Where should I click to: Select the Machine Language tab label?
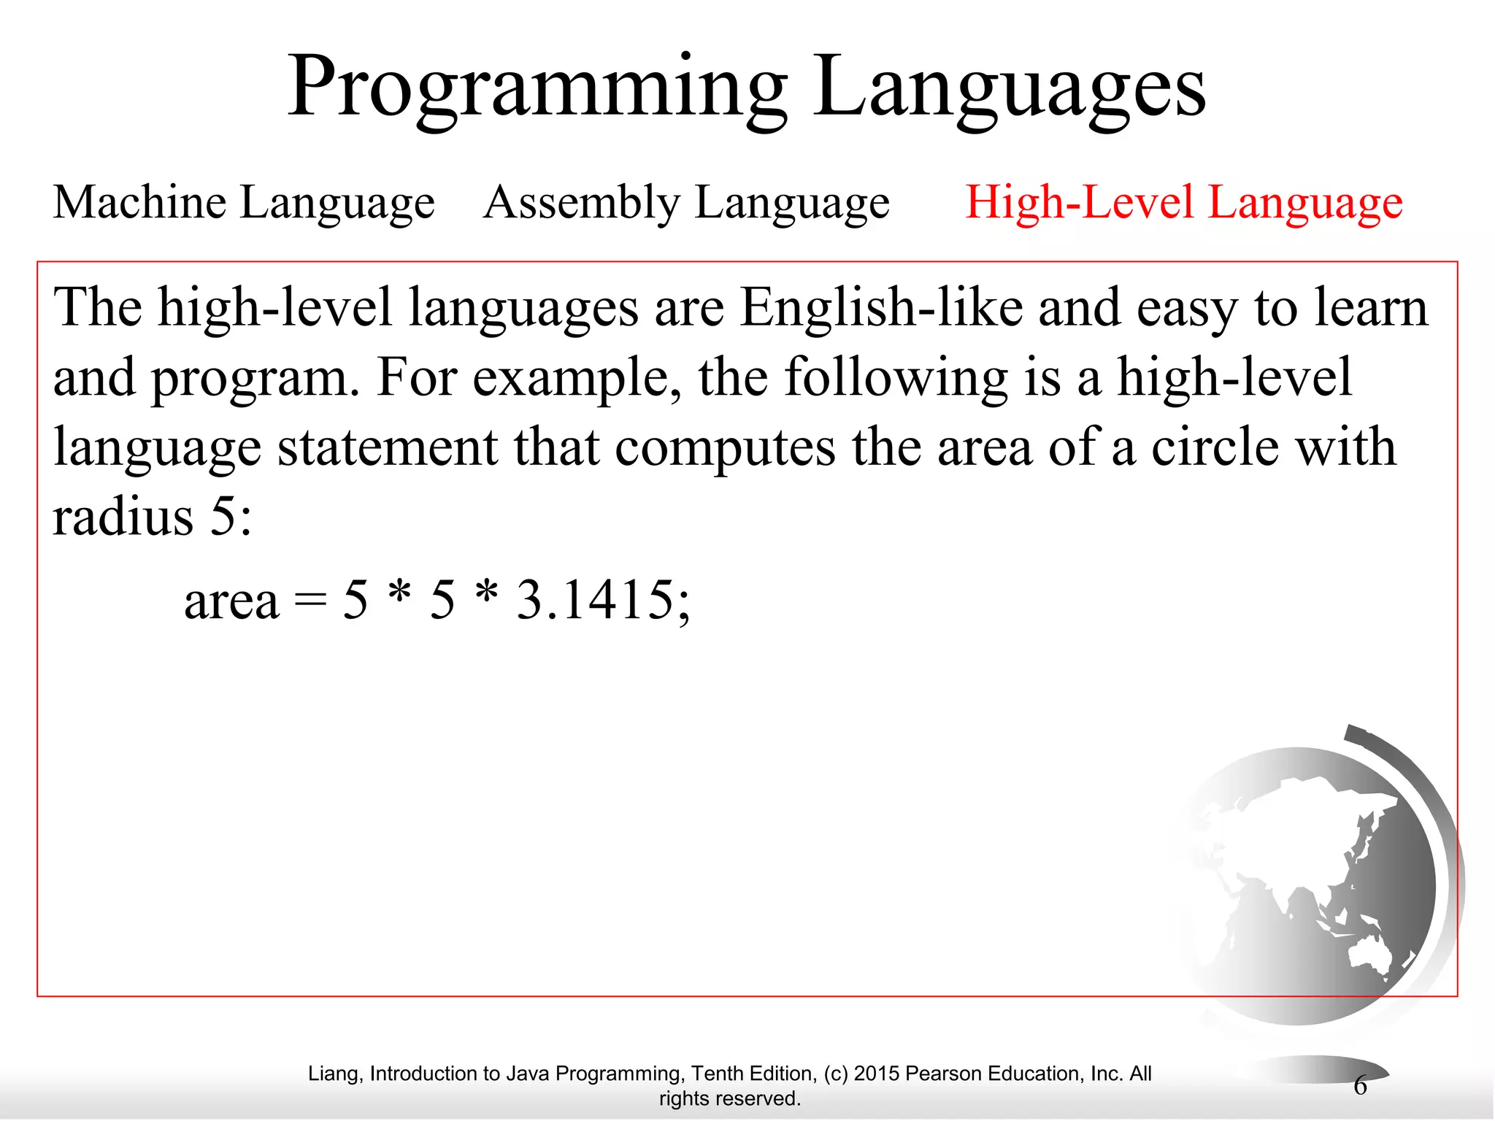click(244, 202)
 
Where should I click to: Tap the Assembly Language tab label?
click(686, 202)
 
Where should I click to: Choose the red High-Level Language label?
click(1183, 202)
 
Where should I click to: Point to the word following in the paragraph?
click(896, 378)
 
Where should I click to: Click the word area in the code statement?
click(231, 601)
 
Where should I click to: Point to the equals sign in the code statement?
click(310, 601)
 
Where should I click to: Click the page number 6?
click(1360, 1085)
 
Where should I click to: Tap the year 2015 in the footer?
click(877, 1074)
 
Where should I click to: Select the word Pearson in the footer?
click(942, 1074)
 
